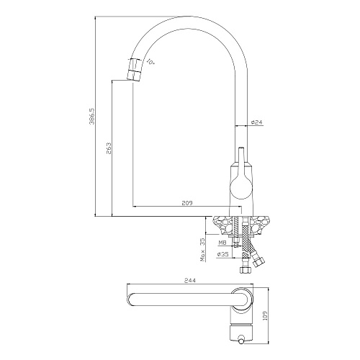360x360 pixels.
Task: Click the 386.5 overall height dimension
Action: click(x=92, y=116)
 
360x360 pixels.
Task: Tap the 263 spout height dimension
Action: click(x=109, y=148)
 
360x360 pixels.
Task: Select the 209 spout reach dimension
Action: click(x=187, y=203)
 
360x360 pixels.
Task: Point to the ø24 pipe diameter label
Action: click(x=257, y=122)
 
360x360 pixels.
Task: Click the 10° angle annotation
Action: click(x=150, y=62)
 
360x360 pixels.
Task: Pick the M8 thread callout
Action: click(x=222, y=243)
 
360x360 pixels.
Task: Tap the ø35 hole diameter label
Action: click(x=222, y=254)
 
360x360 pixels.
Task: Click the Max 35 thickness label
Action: click(x=203, y=249)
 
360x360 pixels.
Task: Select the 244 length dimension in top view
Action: click(x=190, y=280)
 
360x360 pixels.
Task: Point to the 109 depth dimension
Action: click(x=265, y=314)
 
